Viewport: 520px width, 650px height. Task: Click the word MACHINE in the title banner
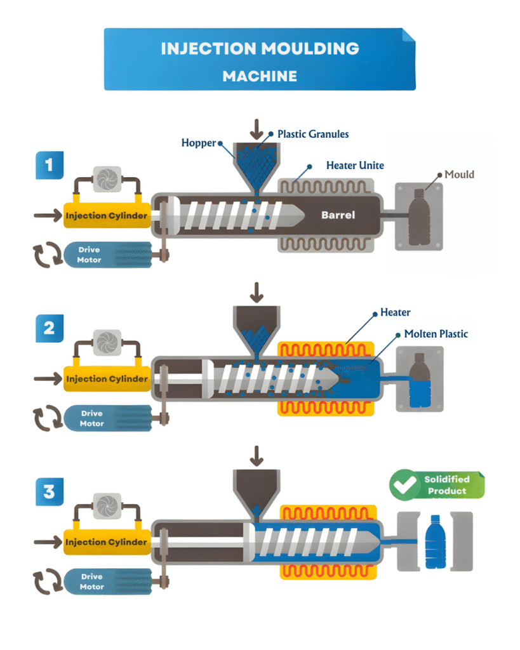(x=260, y=76)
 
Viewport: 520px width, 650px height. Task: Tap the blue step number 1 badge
(x=50, y=165)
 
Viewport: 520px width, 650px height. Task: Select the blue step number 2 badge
(x=50, y=328)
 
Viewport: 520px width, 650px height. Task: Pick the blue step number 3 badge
(x=50, y=492)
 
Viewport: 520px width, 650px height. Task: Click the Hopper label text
(x=199, y=143)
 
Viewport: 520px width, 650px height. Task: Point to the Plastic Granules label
(x=313, y=135)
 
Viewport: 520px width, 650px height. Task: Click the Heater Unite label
(x=355, y=166)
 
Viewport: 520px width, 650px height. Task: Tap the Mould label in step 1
(x=460, y=175)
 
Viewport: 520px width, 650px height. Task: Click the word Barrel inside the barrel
(x=338, y=215)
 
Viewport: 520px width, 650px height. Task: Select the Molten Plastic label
(x=436, y=334)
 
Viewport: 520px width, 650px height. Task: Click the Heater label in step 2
(x=396, y=312)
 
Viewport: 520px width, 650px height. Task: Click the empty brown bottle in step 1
(x=419, y=217)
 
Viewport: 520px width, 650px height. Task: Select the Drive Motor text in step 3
(x=91, y=581)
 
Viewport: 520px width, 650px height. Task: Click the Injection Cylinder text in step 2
(x=107, y=379)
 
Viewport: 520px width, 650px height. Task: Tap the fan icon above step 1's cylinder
(x=107, y=180)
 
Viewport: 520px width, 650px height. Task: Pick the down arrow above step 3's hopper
(x=257, y=456)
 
